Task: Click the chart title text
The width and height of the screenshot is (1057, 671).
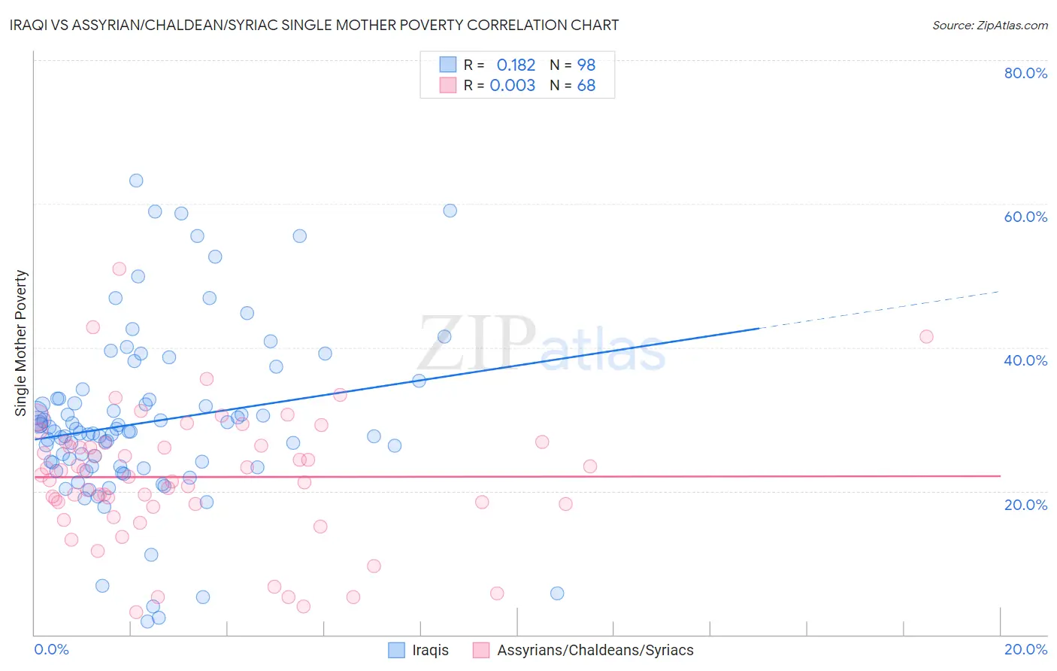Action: [x=314, y=25]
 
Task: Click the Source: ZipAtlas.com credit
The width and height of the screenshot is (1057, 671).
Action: [x=989, y=25]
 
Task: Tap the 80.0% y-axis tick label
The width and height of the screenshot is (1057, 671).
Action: [x=1025, y=73]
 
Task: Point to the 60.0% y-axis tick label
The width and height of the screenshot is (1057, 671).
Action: [x=1025, y=217]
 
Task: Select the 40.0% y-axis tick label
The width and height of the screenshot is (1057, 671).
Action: [x=1025, y=360]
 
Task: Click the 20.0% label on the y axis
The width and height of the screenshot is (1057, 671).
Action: [x=1025, y=504]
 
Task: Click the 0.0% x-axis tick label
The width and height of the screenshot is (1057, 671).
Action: [x=51, y=649]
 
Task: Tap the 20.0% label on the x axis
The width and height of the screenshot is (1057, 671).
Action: [x=1025, y=649]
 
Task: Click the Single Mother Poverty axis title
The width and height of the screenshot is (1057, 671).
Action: [x=21, y=343]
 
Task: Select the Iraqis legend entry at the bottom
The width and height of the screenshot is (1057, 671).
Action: [x=430, y=650]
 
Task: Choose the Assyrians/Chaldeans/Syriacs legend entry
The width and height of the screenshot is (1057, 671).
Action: [x=595, y=650]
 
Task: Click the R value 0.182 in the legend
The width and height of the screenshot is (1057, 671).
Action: [x=516, y=65]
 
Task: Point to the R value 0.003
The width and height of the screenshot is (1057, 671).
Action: [x=512, y=86]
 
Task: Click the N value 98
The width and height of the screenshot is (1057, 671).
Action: [x=586, y=65]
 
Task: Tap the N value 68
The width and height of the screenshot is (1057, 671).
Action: [x=586, y=86]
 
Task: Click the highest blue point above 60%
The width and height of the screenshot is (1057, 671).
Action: [x=136, y=181]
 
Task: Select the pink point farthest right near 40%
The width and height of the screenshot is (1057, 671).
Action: [x=926, y=336]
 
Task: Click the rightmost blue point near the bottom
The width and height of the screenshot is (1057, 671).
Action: [x=557, y=594]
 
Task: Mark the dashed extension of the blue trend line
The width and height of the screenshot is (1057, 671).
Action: [x=880, y=310]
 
